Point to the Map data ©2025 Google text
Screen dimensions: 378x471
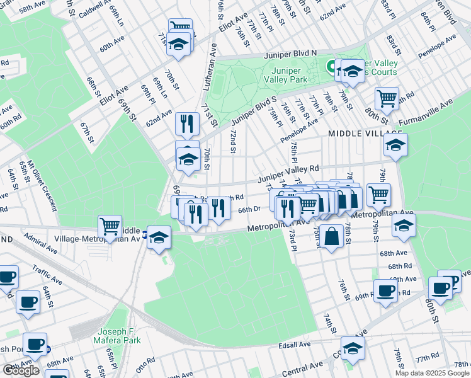coord(432,373)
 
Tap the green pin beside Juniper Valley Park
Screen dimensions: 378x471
coord(330,64)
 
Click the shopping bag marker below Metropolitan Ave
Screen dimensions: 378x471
coord(334,236)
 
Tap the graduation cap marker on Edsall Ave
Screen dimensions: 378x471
coord(353,346)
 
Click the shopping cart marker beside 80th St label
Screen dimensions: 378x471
coord(387,98)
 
